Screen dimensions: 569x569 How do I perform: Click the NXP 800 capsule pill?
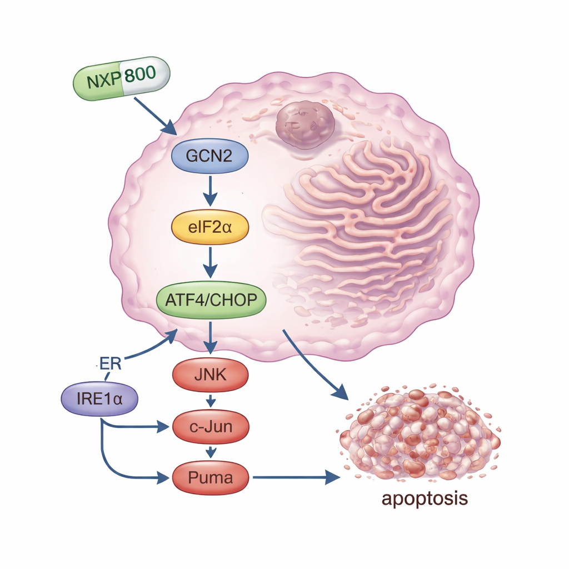(121, 78)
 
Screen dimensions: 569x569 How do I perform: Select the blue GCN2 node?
(209, 155)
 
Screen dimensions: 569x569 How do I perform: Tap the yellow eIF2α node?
(209, 227)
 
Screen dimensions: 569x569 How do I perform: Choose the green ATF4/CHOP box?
(211, 301)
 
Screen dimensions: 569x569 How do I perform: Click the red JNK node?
(211, 375)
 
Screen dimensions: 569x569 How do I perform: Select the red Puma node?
(211, 477)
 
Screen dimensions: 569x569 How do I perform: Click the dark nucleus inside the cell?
(305, 124)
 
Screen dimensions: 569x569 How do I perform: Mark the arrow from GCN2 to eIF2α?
(209, 191)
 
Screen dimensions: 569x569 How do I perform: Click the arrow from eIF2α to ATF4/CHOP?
(209, 263)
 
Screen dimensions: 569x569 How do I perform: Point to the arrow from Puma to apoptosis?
(295, 477)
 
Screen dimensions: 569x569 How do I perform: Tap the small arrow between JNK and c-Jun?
(211, 401)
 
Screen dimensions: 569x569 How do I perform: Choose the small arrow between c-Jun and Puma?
(211, 452)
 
